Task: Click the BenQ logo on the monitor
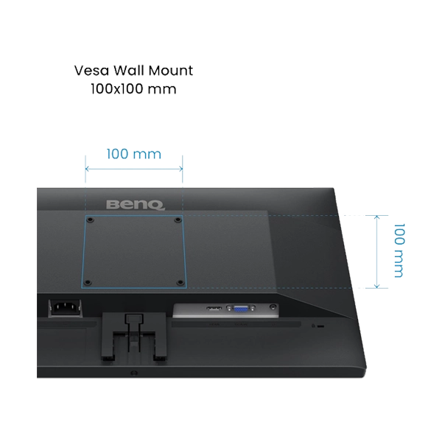136,205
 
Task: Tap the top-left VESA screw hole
90,220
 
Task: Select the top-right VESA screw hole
178,220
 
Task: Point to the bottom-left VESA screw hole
88,282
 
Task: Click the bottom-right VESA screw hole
180,282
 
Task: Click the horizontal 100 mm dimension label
134,154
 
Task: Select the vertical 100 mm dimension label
399,251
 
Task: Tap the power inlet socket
65,307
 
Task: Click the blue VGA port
241,309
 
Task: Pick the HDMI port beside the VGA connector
214,309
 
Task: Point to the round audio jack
273,306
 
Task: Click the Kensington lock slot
320,326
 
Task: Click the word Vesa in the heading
91,71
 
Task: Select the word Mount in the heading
171,71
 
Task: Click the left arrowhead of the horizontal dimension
87,169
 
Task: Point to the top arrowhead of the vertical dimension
377,217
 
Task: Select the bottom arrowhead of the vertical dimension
377,287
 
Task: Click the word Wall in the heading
129,71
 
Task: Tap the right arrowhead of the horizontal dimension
181,169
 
